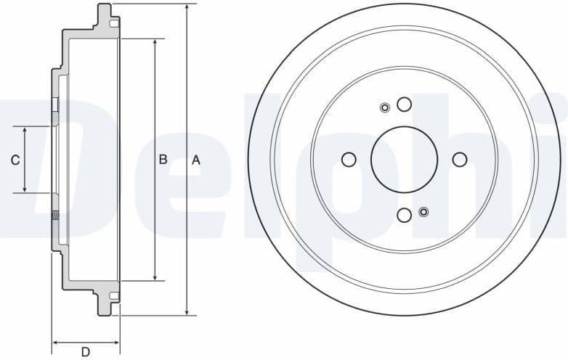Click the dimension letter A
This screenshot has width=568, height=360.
coord(195,160)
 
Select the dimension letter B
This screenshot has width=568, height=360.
coord(163,160)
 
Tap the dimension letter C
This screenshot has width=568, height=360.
coord(15,160)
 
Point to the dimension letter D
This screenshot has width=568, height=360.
coord(86,352)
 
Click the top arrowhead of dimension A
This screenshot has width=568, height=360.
coord(188,7)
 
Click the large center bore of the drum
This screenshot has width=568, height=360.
coord(404,160)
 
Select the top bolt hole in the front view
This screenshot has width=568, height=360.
coord(404,104)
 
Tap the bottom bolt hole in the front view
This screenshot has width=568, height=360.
coord(404,216)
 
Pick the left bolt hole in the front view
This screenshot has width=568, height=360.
coord(348,160)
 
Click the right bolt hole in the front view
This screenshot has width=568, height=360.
coord(460,160)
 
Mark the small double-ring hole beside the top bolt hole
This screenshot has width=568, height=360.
coord(385,108)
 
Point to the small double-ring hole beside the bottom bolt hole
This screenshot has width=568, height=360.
coord(423,212)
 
